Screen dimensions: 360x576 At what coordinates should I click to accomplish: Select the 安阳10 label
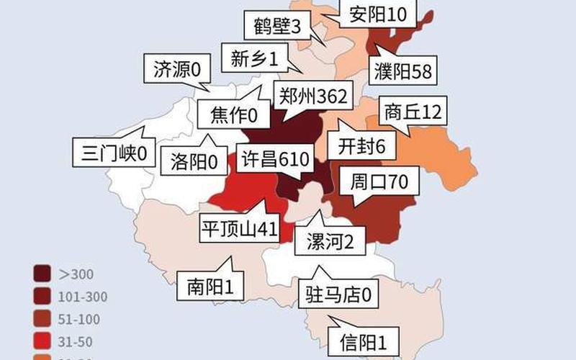pos(377,14)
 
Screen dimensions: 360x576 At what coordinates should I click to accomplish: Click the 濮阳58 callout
pos(402,71)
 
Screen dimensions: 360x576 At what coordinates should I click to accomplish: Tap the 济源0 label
pos(176,69)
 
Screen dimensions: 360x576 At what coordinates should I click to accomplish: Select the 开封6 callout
pos(361,146)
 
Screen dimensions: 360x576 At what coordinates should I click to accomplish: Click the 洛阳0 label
pos(194,161)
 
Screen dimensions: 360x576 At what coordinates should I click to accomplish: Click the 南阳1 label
pos(205,287)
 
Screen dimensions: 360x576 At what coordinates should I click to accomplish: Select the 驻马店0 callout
pos(338,295)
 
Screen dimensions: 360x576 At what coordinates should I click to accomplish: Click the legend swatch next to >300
pos(42,274)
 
